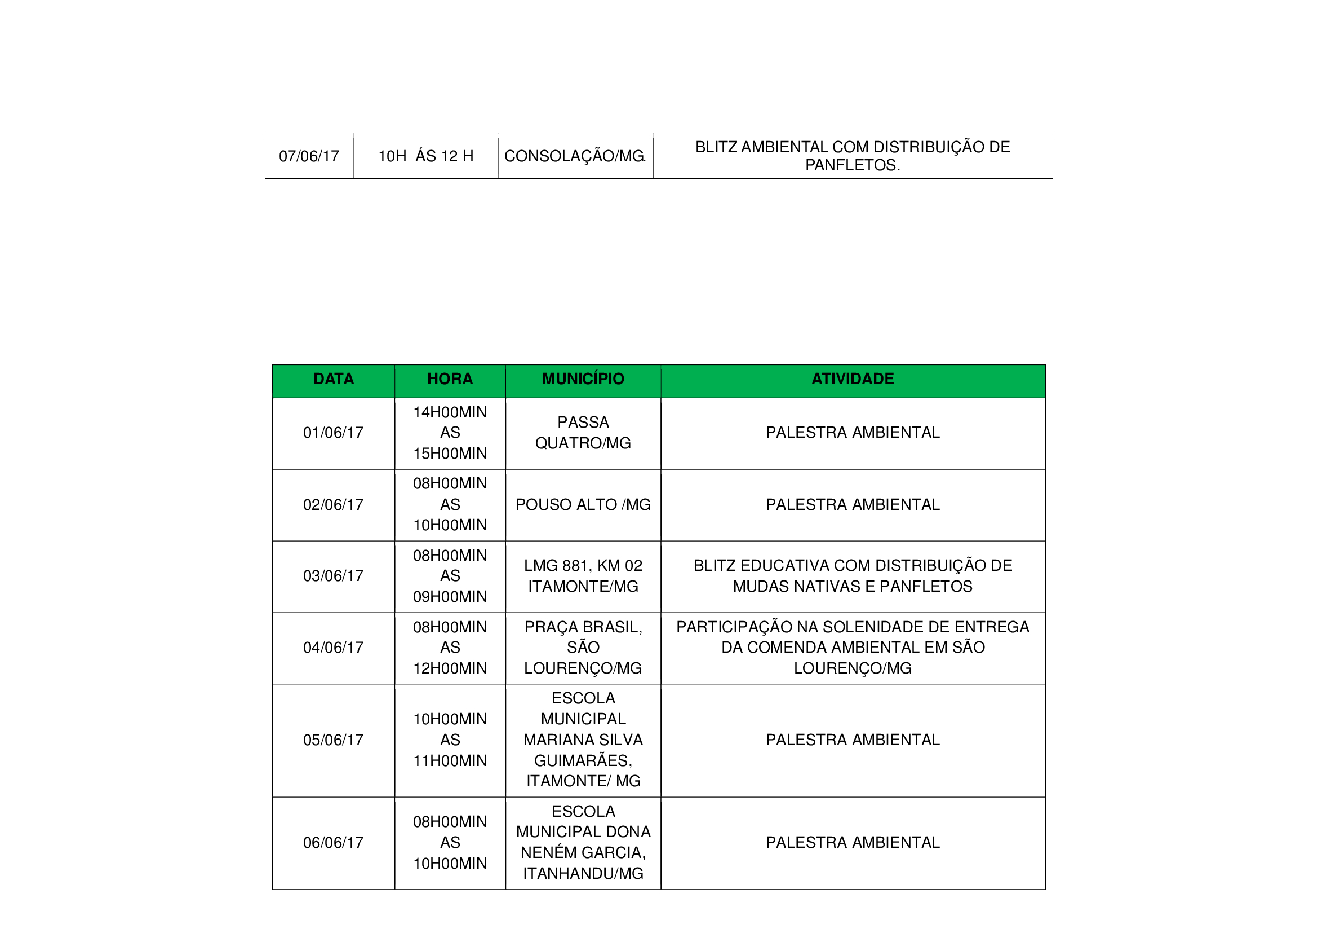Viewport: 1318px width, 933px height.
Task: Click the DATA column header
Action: [x=334, y=379]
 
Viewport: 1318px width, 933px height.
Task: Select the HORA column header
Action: [x=450, y=379]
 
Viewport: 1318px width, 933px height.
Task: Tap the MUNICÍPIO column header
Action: [x=583, y=379]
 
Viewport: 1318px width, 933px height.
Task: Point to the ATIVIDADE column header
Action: [x=853, y=379]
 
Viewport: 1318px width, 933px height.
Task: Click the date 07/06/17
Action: [x=309, y=156]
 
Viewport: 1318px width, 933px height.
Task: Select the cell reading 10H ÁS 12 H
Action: [x=425, y=156]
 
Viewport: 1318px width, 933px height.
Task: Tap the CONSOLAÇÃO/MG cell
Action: [x=575, y=156]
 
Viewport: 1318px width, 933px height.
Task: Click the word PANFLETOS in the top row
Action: [x=852, y=165]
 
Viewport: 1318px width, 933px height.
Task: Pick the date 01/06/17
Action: [x=334, y=433]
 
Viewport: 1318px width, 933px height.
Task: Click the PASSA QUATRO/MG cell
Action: [x=583, y=433]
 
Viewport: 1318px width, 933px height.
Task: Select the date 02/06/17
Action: [x=334, y=505]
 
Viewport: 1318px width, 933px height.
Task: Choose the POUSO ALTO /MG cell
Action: [x=583, y=505]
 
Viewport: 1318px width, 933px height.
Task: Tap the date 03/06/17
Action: [x=334, y=576]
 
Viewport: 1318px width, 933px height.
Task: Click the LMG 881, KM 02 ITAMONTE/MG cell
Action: [x=583, y=576]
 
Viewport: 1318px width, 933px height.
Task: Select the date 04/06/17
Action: [x=334, y=648]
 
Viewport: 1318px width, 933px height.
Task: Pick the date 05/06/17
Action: [x=334, y=741]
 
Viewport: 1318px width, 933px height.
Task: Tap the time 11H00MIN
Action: [x=450, y=761]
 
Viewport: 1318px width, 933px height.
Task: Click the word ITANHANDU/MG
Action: [x=583, y=874]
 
